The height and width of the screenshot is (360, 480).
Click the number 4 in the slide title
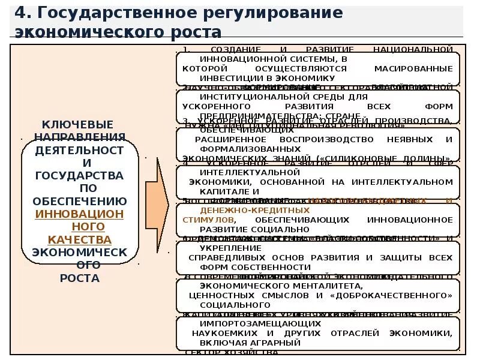20,13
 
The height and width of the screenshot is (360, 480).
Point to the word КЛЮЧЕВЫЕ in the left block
80,124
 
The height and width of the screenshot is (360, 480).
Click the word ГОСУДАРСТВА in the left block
80,175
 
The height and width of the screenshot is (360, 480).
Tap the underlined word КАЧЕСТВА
80,239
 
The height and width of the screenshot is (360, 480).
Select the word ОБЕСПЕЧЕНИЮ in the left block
80,201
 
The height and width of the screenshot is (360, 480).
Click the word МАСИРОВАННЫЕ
413,68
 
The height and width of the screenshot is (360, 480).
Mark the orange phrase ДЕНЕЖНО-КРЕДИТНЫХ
255,211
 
